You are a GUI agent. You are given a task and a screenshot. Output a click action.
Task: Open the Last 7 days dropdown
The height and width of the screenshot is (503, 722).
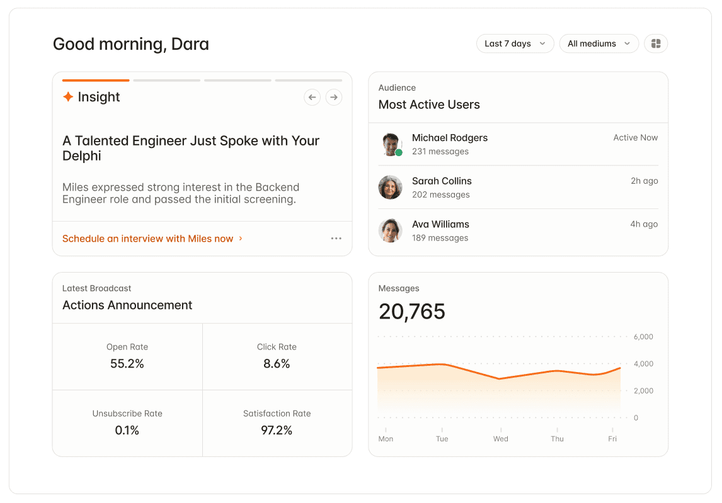click(x=515, y=43)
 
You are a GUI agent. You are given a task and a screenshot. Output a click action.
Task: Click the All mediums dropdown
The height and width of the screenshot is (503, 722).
click(x=599, y=43)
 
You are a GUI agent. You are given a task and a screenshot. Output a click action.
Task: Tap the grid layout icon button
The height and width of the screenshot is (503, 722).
click(x=656, y=43)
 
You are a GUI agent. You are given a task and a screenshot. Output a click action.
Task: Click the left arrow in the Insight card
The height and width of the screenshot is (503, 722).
click(x=312, y=97)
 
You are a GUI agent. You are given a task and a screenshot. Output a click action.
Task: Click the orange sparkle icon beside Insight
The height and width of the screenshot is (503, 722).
click(x=68, y=97)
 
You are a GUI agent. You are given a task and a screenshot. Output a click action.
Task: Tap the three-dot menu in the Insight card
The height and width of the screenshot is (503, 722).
click(x=336, y=239)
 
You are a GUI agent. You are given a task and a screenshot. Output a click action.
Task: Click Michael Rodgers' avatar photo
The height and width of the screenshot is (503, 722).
click(x=391, y=145)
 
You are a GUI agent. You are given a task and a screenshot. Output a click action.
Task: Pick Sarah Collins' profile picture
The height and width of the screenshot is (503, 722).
click(x=391, y=188)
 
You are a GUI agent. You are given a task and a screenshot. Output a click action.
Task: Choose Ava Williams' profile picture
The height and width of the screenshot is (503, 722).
click(x=391, y=230)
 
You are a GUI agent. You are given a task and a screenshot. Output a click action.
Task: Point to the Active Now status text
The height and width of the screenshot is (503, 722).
click(x=636, y=138)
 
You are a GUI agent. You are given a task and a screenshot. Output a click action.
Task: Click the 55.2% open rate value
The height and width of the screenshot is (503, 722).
click(x=127, y=364)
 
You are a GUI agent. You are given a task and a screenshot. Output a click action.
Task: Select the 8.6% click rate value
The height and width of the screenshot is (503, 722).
click(x=277, y=364)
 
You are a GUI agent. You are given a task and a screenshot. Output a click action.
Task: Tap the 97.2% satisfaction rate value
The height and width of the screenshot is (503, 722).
click(x=277, y=430)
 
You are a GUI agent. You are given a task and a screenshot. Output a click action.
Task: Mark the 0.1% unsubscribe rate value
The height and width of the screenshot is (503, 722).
click(x=127, y=430)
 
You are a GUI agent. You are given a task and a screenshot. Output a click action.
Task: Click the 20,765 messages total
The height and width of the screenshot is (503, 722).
click(x=412, y=312)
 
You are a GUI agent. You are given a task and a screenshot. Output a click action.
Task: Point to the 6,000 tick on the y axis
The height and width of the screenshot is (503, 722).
click(x=643, y=337)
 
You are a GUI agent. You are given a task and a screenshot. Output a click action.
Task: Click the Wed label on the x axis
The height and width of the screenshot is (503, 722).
click(x=500, y=439)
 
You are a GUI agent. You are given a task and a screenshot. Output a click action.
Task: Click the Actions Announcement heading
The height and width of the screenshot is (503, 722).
click(x=127, y=305)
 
